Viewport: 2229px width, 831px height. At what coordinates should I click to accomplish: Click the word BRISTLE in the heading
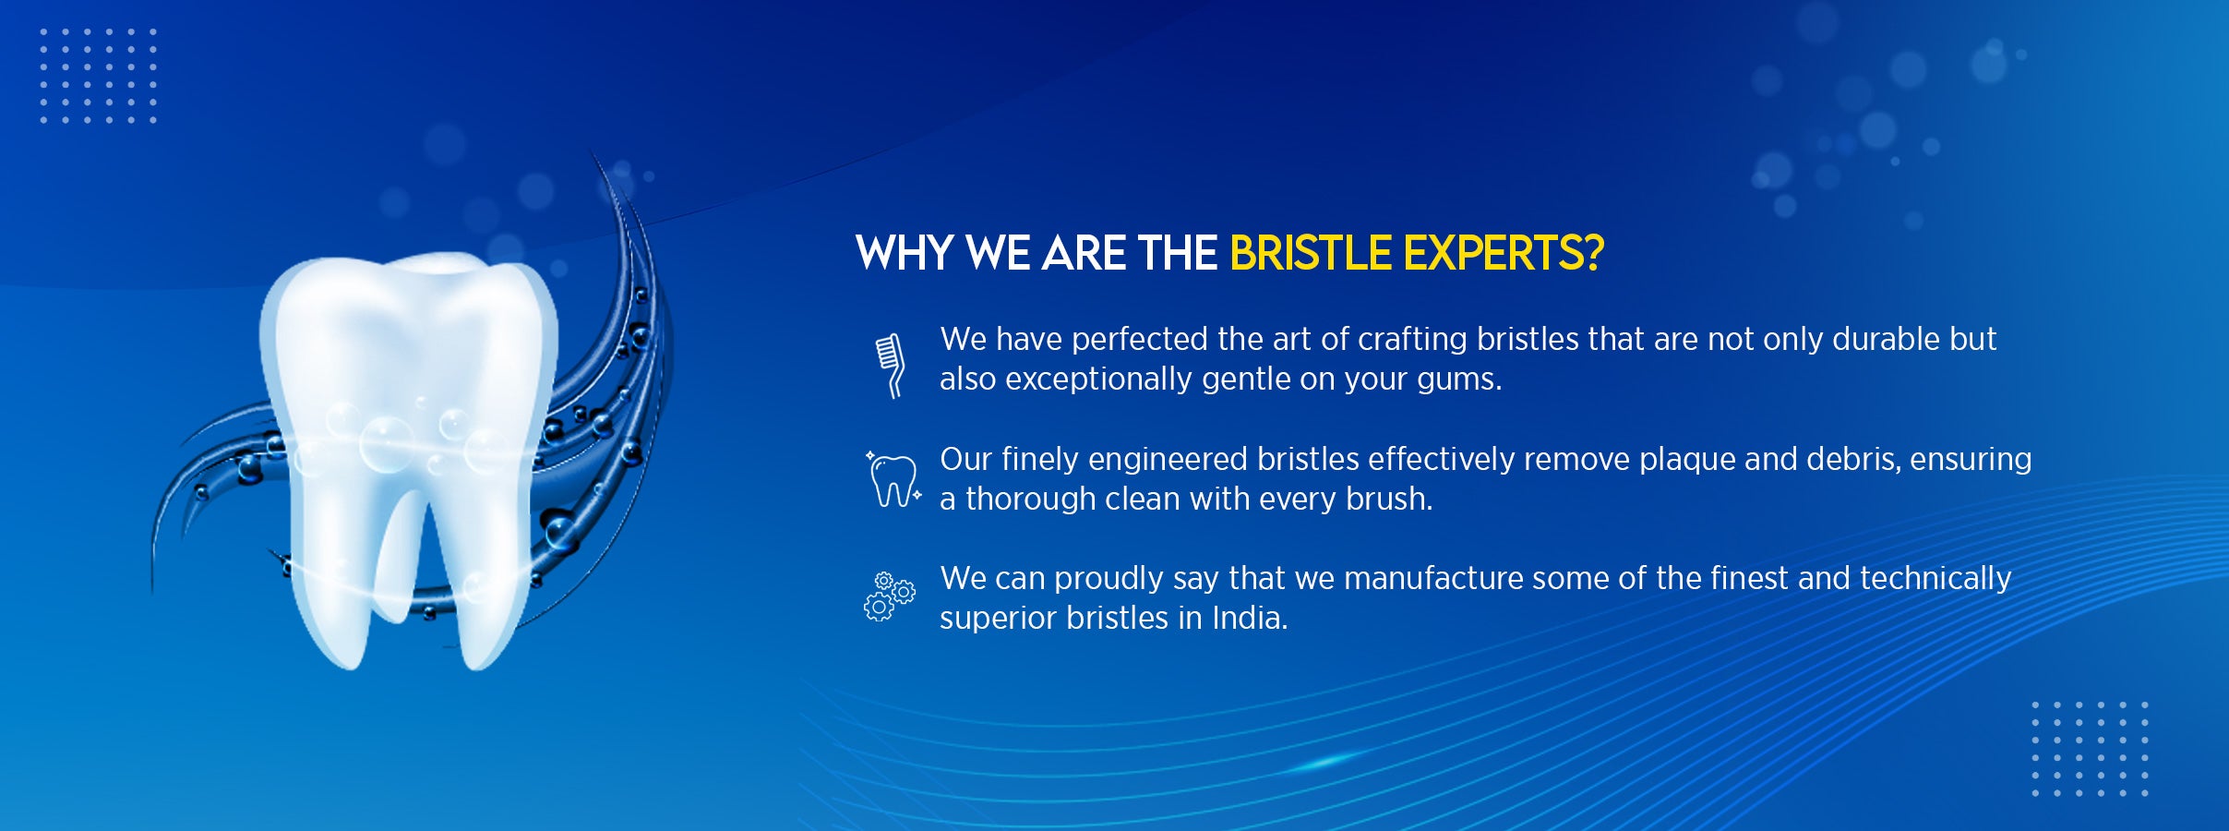point(1311,253)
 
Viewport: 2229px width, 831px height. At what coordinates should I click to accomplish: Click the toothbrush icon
point(890,366)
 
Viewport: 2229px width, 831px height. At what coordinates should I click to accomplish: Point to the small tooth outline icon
point(893,480)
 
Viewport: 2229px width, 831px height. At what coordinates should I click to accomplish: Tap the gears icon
point(890,596)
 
